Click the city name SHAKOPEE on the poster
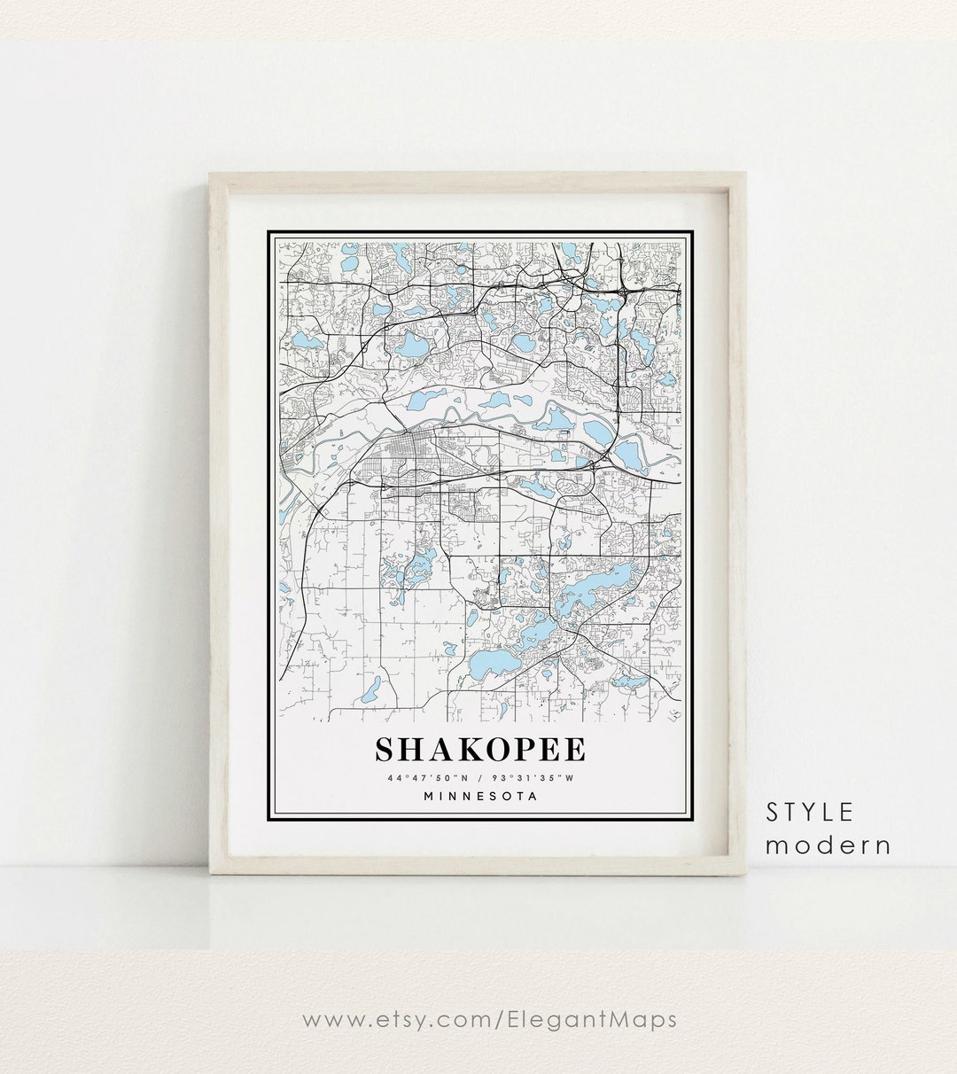tap(480, 750)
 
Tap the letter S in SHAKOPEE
tap(385, 750)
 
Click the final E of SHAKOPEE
tap(574, 750)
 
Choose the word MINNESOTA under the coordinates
tap(480, 796)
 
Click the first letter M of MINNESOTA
tap(430, 796)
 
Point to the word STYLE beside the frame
tap(811, 812)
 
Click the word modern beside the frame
tap(829, 845)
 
